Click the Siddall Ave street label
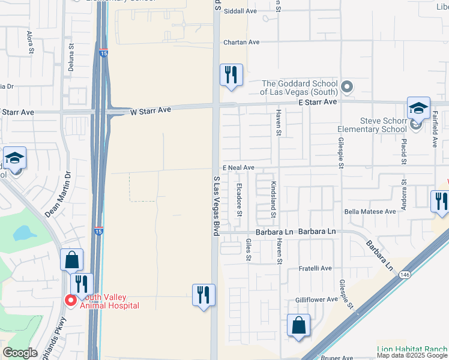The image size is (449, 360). (x=240, y=11)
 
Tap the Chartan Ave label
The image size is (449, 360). (x=241, y=42)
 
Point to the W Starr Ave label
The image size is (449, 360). (x=151, y=110)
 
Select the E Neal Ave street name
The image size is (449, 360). (x=238, y=168)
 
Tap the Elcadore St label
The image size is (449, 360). (x=240, y=199)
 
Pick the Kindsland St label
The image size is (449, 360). (x=273, y=199)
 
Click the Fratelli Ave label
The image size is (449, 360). (x=315, y=268)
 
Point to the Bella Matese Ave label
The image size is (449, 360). (x=370, y=211)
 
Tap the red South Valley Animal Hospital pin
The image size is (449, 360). (x=70, y=300)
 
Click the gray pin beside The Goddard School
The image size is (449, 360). (x=346, y=88)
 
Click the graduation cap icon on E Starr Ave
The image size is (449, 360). (x=418, y=108)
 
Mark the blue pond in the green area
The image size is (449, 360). (x=23, y=233)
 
